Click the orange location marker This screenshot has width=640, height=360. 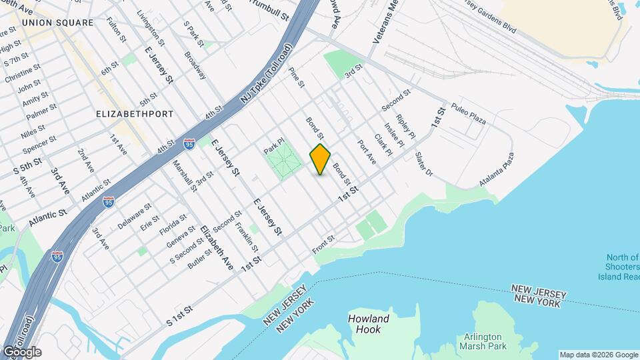click(320, 159)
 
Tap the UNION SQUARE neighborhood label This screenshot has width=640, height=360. click(57, 23)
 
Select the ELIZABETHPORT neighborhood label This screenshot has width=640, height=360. click(135, 114)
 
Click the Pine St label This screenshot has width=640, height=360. click(297, 76)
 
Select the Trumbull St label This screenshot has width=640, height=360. click(271, 9)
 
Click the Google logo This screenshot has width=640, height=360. click(21, 352)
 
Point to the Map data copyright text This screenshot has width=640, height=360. click(598, 355)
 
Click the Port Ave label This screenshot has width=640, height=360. click(367, 152)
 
